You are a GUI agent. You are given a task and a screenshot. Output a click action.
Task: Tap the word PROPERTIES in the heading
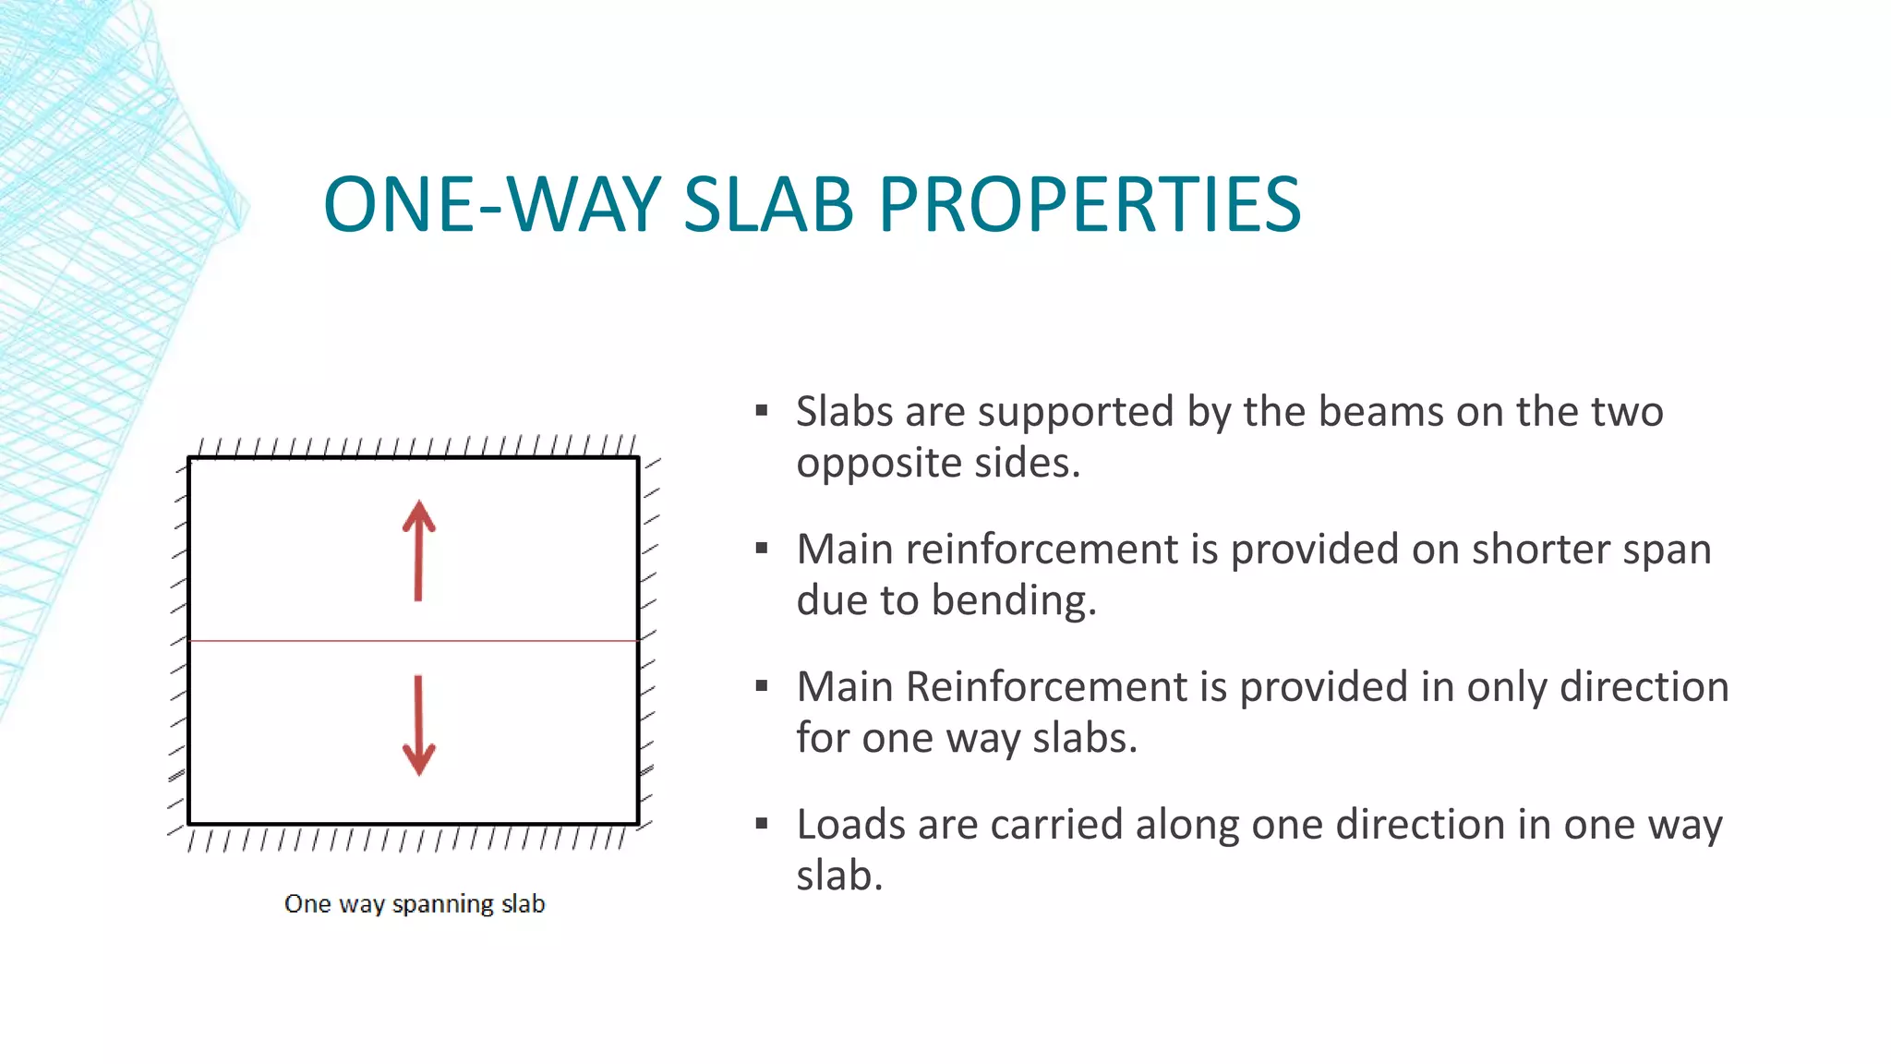[x=1090, y=205]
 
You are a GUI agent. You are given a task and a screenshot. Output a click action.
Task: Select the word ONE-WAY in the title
[x=492, y=205]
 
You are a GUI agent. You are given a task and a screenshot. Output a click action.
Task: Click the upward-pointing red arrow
[x=418, y=551]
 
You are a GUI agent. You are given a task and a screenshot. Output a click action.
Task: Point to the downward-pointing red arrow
[x=418, y=725]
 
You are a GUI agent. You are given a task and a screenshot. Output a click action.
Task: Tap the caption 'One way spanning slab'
[x=415, y=903]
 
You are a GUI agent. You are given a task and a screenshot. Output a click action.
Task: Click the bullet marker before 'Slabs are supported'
[x=762, y=411]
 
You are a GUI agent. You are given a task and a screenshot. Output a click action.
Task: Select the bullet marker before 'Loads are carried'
[x=762, y=824]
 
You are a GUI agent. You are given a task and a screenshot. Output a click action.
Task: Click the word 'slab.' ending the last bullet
[x=839, y=877]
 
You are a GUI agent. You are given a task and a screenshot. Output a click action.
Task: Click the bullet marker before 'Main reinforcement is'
[x=762, y=549]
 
